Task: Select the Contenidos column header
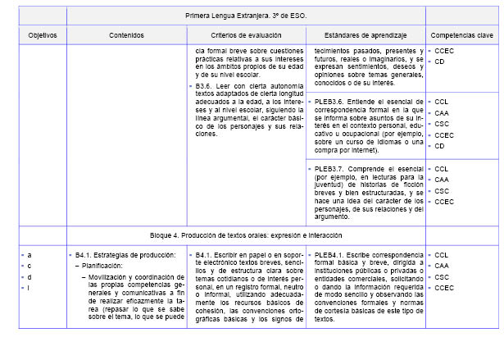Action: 125,35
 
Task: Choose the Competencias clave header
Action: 462,35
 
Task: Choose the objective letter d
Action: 30,276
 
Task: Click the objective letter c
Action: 30,266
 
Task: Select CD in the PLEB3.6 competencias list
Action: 440,146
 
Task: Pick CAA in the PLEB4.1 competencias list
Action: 442,266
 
